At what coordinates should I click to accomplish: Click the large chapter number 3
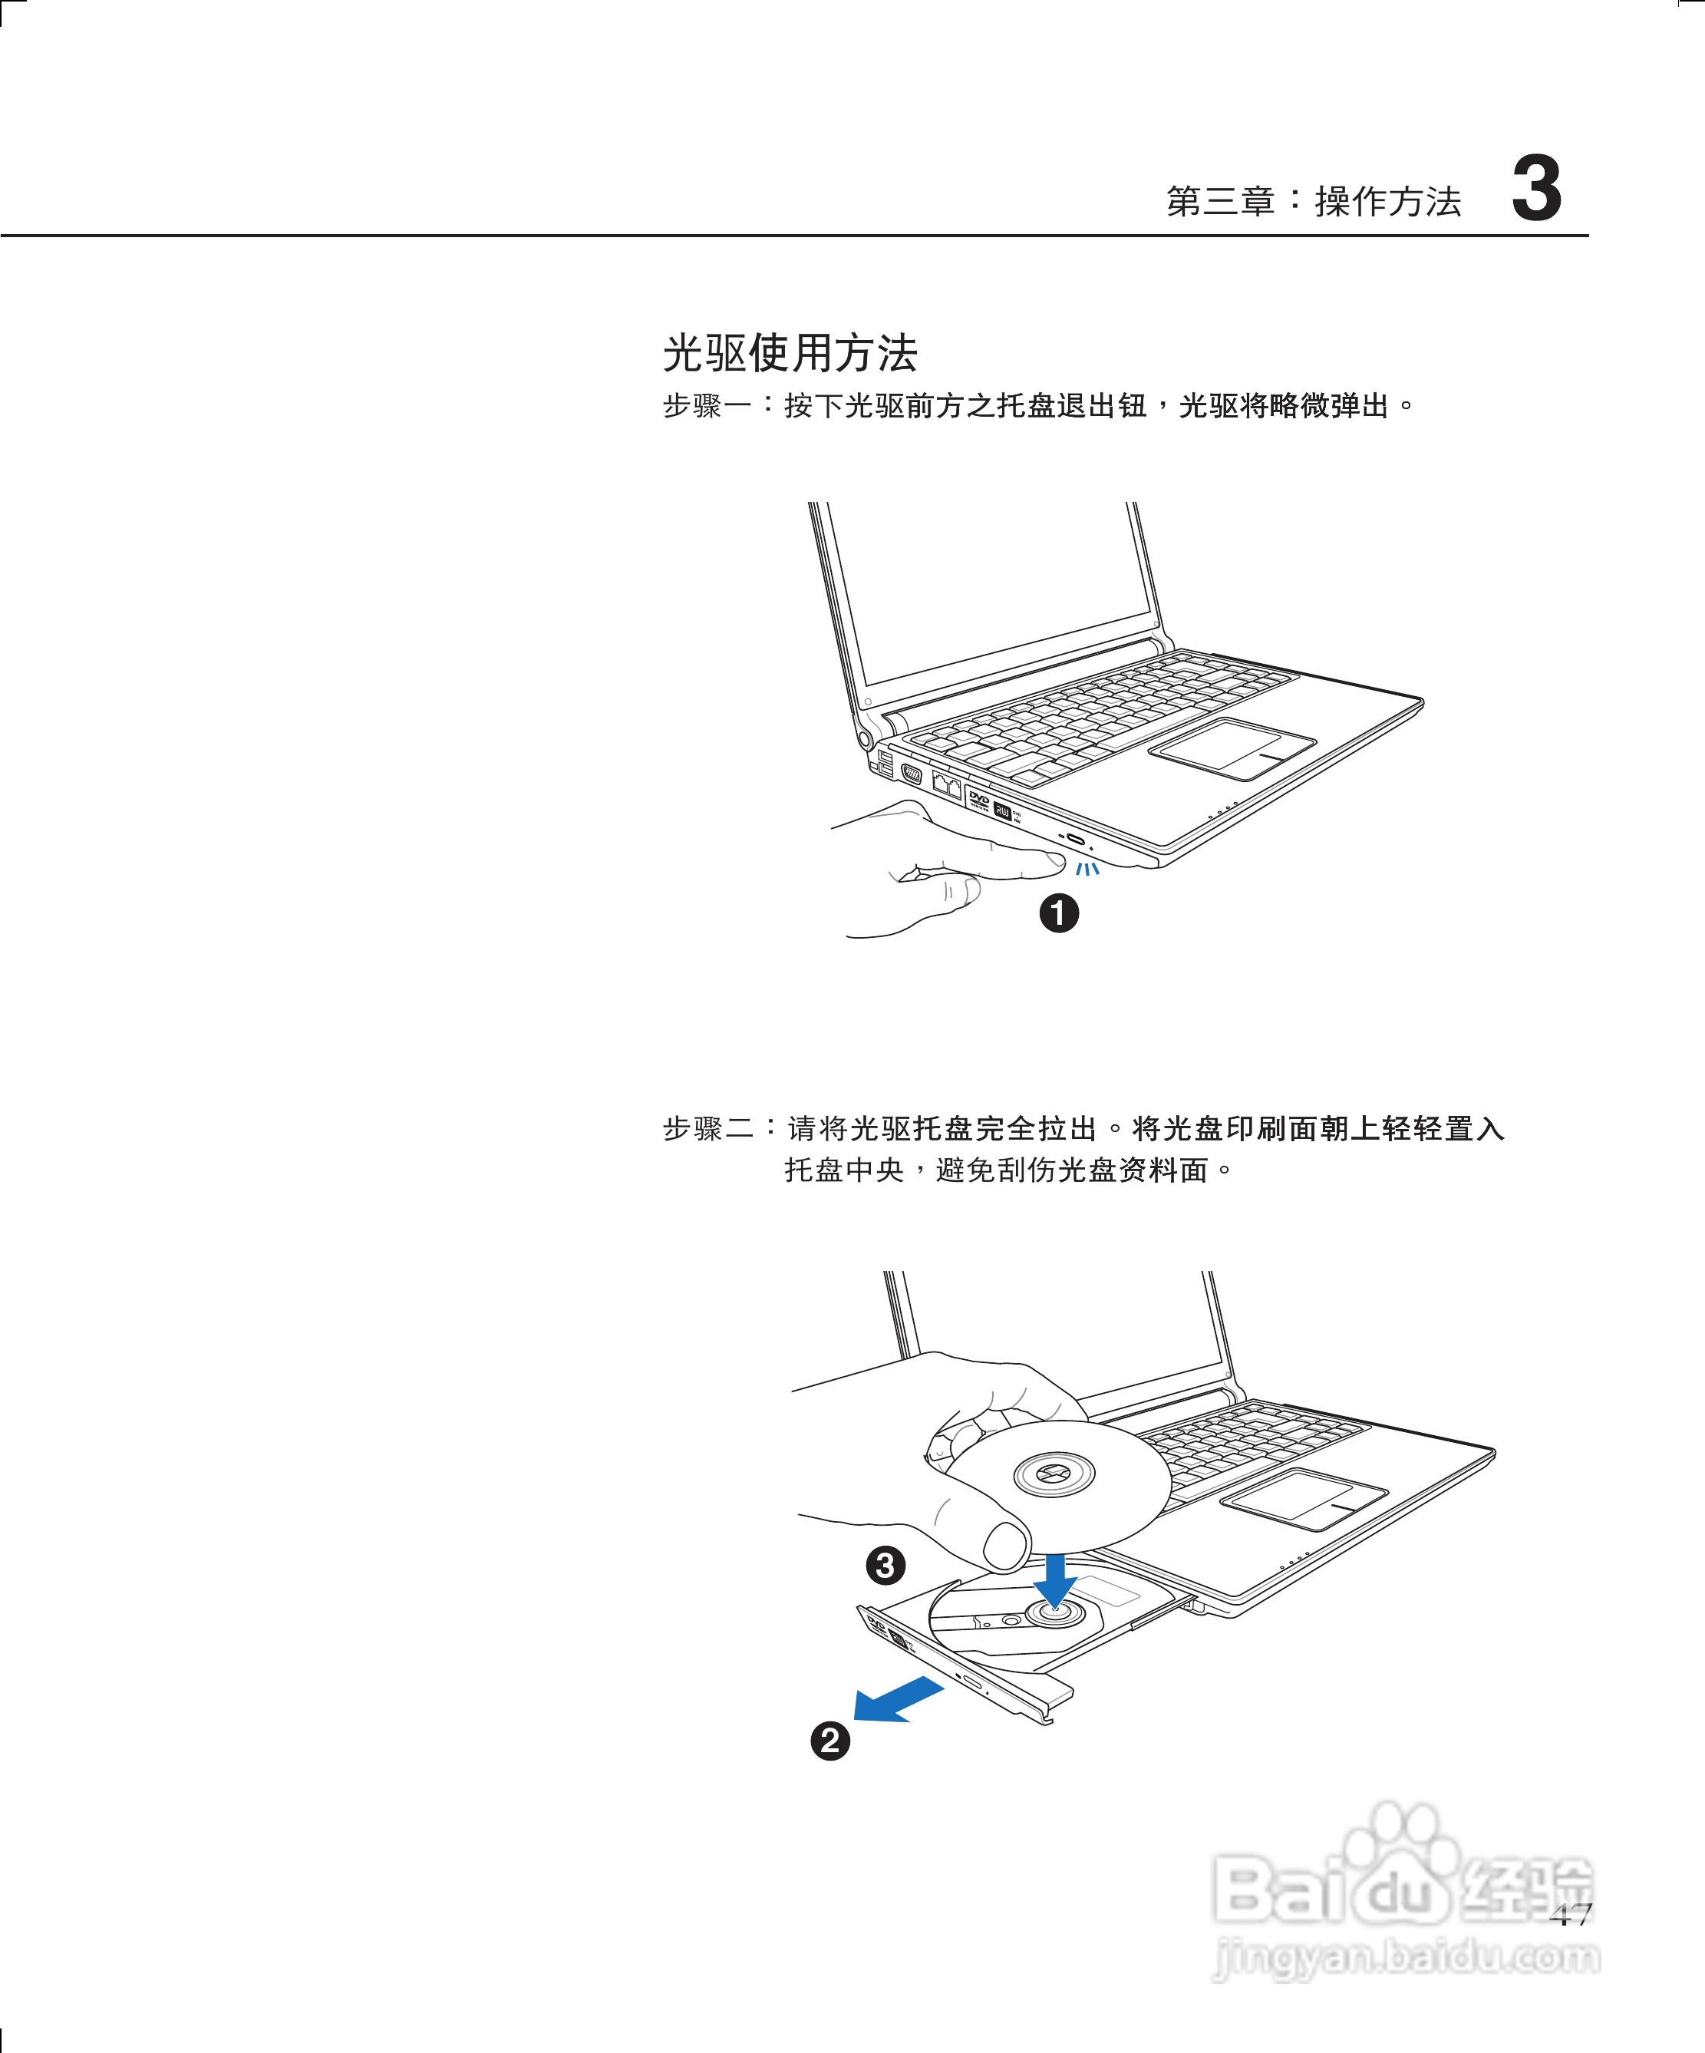point(1536,189)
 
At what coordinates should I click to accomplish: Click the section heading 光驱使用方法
point(790,353)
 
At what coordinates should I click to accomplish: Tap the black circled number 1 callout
point(1059,913)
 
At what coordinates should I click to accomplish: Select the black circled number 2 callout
point(830,1740)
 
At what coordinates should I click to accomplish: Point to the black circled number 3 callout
point(885,1565)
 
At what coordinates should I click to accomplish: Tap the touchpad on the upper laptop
point(1231,748)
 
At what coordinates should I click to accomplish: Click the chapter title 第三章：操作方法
point(1313,201)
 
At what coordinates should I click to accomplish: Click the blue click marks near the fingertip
point(1087,868)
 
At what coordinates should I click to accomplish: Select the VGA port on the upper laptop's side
point(911,775)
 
